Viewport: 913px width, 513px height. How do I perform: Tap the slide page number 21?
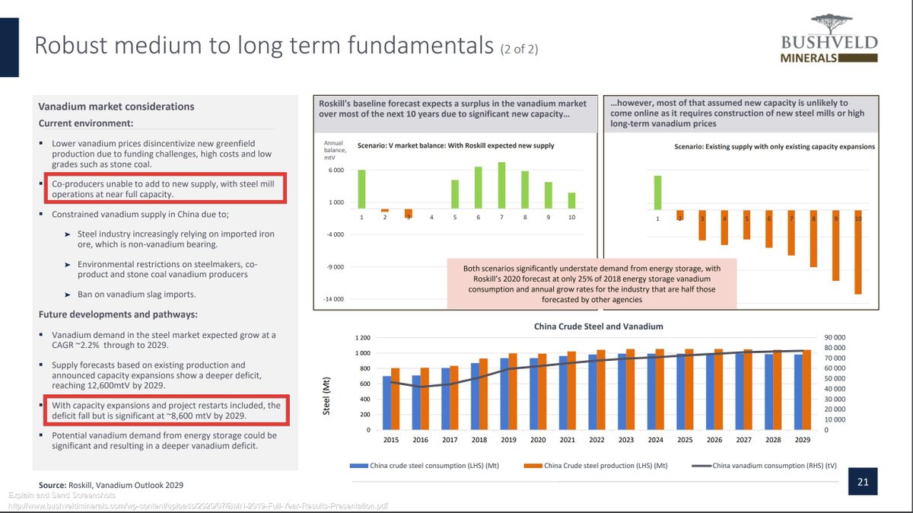pyautogui.click(x=863, y=482)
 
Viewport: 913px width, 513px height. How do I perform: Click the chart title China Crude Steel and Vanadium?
pyautogui.click(x=597, y=327)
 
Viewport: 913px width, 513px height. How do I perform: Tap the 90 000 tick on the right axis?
pyautogui.click(x=835, y=338)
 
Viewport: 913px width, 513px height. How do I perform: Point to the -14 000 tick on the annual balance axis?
pyautogui.click(x=335, y=299)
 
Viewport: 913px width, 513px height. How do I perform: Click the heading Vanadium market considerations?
pyautogui.click(x=116, y=107)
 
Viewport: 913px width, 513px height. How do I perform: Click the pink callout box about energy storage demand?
pyautogui.click(x=591, y=284)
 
